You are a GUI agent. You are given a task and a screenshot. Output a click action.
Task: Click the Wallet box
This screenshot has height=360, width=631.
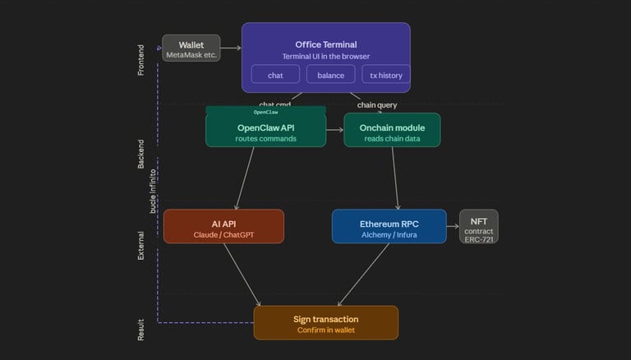point(191,48)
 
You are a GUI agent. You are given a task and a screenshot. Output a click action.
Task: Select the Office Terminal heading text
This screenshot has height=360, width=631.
point(325,44)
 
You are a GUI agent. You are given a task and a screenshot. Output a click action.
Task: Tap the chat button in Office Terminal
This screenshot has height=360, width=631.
point(275,75)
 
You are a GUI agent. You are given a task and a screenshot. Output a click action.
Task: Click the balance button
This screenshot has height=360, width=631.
point(331,75)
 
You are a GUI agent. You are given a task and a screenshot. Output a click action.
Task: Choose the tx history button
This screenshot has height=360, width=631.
point(386,75)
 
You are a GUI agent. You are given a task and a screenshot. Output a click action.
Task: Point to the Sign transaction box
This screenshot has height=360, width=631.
point(325,323)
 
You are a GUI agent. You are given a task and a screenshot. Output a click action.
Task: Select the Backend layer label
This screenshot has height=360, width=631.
point(140,154)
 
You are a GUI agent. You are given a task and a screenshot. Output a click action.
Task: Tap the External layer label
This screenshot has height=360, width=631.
point(140,245)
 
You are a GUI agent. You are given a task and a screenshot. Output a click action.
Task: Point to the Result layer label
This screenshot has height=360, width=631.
point(140,330)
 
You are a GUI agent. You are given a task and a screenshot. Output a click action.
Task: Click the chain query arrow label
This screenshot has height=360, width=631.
point(377,104)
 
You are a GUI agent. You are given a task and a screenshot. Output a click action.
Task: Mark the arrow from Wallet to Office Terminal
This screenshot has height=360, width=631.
point(231,48)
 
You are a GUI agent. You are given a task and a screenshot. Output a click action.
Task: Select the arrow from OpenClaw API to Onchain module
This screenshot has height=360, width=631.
point(334,130)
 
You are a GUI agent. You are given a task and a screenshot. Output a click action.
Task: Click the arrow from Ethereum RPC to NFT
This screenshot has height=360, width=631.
point(453,226)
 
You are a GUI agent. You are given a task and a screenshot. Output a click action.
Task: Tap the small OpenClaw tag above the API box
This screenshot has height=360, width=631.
point(265,111)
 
